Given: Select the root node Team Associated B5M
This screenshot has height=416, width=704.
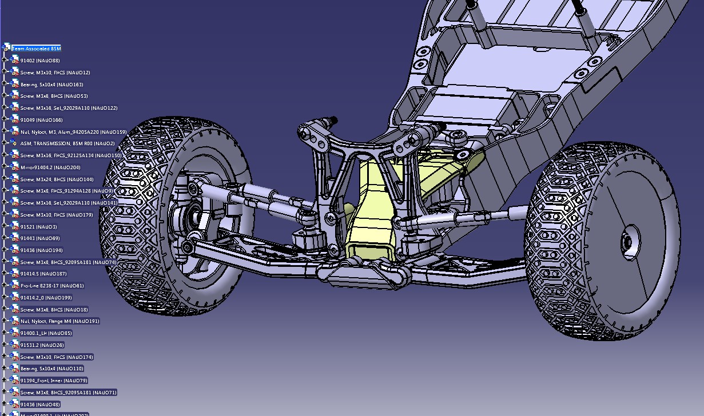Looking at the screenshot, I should pyautogui.click(x=36, y=49).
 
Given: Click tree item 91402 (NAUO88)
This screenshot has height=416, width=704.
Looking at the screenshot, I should pyautogui.click(x=40, y=61).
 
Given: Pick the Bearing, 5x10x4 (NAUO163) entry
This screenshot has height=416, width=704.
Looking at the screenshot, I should pyautogui.click(x=51, y=85).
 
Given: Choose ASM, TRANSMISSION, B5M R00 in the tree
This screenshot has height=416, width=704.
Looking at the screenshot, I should pyautogui.click(x=67, y=143).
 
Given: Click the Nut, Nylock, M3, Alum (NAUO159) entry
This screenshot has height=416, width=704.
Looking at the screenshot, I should pyautogui.click(x=73, y=132).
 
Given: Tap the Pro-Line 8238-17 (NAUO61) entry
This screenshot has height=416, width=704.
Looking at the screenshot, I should pyautogui.click(x=51, y=286).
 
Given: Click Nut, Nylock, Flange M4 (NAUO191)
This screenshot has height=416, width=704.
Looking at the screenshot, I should pyautogui.click(x=59, y=321).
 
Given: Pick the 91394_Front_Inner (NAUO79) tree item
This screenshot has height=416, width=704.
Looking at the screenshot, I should pyautogui.click(x=54, y=381).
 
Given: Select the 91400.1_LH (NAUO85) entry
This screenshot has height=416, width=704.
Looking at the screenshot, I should pyautogui.click(x=46, y=333).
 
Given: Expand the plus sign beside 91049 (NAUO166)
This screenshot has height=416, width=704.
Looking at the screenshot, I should pyautogui.click(x=4, y=120).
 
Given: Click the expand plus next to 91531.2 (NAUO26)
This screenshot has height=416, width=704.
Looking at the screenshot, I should pyautogui.click(x=4, y=345).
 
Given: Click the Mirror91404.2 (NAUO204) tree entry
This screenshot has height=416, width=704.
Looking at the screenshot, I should pyautogui.click(x=50, y=167).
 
